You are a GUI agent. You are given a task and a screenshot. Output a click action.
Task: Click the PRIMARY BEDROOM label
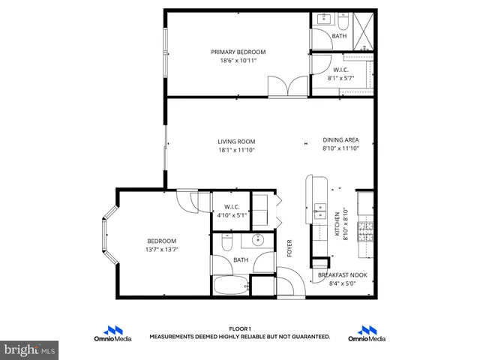(x=238, y=52)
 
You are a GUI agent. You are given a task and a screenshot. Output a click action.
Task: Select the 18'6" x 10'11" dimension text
(x=238, y=61)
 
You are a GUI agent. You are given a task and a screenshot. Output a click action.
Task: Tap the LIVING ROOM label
(x=236, y=141)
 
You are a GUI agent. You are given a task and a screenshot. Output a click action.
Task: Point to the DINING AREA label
(x=340, y=139)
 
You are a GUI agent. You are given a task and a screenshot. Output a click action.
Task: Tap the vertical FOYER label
(x=289, y=247)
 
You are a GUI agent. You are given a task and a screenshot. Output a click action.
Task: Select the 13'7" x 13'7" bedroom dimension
(x=161, y=250)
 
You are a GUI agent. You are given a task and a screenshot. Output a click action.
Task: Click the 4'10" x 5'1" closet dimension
(x=232, y=215)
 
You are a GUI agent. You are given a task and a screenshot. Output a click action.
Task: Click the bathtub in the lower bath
(x=230, y=286)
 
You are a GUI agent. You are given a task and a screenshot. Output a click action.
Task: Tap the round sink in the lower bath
(x=259, y=241)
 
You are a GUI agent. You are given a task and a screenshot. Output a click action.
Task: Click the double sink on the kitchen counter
(x=319, y=211)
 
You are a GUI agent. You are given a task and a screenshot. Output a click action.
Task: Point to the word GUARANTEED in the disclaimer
(x=310, y=337)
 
